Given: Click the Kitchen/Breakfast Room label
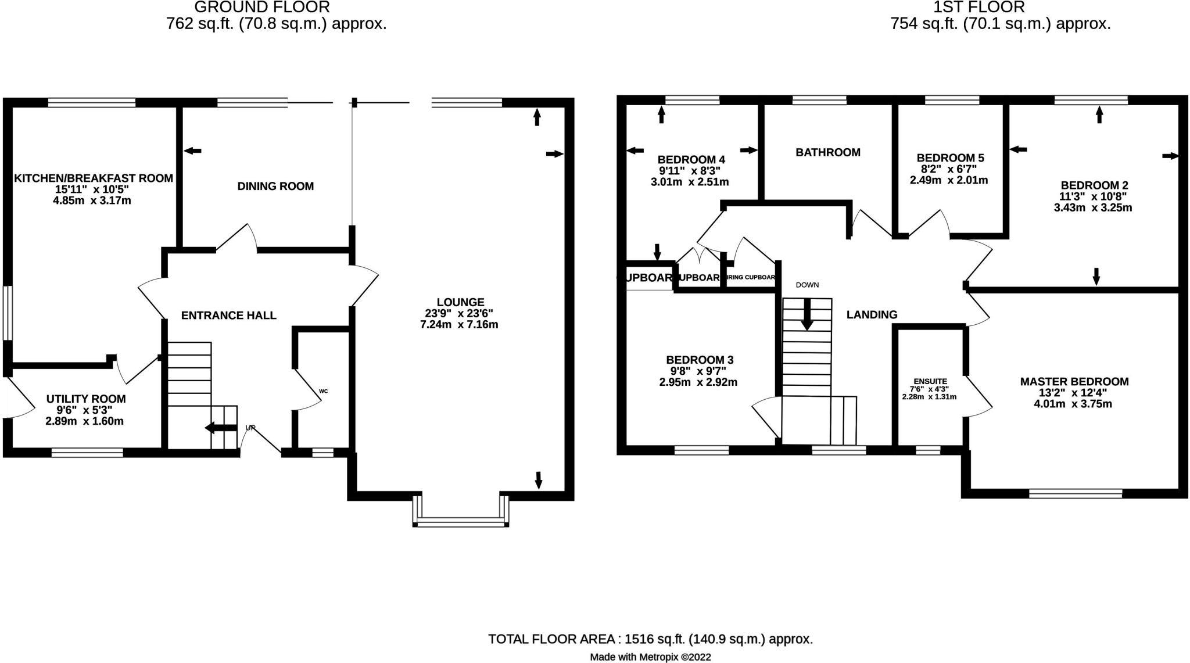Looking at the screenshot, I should point(93,178).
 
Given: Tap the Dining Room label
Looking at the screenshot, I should point(275,187).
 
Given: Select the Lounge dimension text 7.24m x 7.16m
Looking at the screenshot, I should point(459,325).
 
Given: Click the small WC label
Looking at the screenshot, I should point(324,391).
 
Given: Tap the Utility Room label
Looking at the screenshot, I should point(86,399).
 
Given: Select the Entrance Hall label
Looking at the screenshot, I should point(228,316).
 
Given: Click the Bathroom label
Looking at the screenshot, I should point(827,152).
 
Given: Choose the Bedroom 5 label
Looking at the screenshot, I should point(950,158).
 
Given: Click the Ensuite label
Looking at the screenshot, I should point(930,382).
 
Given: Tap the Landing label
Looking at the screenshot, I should point(872,315).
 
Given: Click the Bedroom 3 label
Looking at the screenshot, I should point(699,360).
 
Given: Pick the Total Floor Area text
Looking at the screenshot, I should point(650,639).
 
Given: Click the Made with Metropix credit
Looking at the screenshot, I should point(650,657).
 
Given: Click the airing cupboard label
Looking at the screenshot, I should point(751,277).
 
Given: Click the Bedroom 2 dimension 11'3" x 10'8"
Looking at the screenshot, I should point(1093,196).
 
